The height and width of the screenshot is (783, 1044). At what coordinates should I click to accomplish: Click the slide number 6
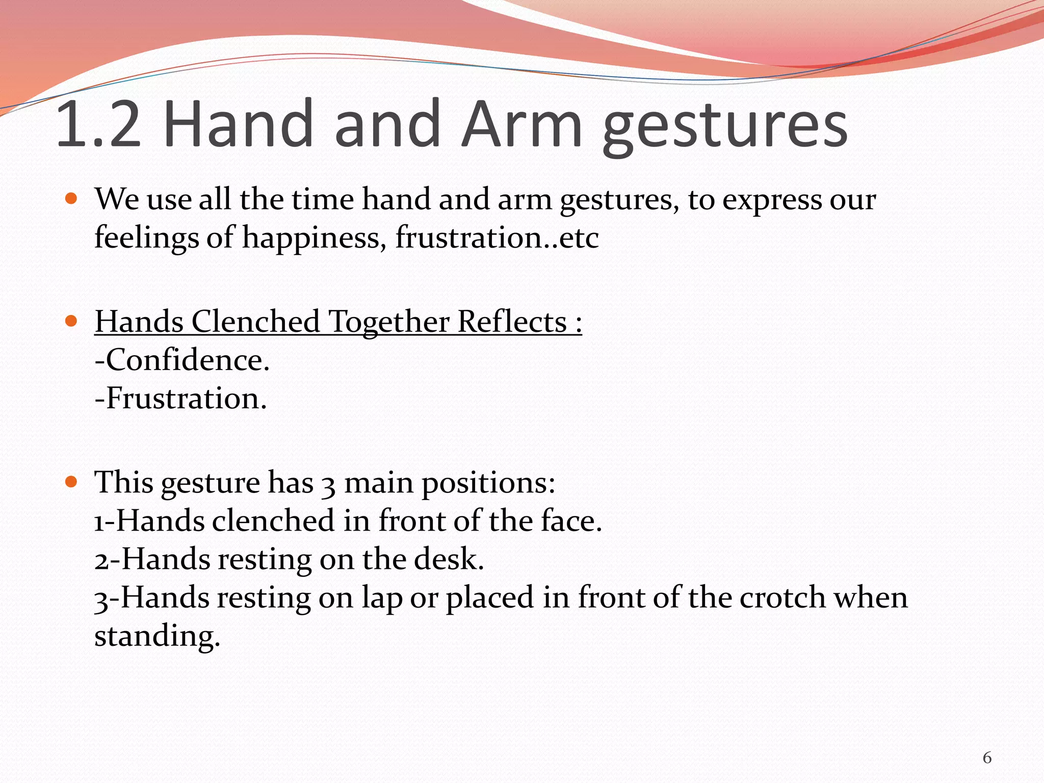[987, 758]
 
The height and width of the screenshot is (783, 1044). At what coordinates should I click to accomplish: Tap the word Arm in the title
[521, 125]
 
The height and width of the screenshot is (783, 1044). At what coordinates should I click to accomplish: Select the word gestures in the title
[725, 127]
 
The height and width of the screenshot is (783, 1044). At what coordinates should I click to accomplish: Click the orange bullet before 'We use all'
[71, 198]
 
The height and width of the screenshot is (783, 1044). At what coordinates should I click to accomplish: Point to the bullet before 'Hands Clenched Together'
[71, 321]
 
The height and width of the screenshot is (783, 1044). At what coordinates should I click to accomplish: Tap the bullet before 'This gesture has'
[71, 481]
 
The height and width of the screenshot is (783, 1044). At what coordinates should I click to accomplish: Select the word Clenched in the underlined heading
[255, 322]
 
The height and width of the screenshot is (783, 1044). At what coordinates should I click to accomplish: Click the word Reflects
[512, 322]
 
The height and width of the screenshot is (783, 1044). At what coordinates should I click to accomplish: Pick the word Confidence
[187, 360]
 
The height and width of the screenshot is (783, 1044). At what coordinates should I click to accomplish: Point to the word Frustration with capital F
[187, 398]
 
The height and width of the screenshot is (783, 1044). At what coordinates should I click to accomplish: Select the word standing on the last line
[157, 637]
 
